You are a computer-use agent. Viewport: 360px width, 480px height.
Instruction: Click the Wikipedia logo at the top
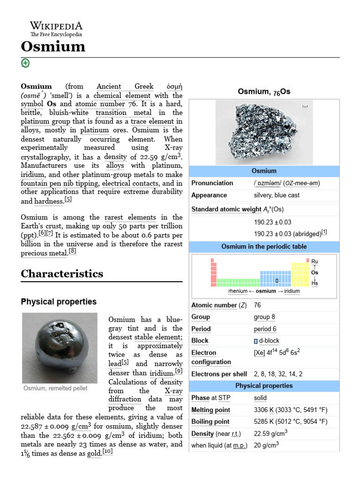pyautogui.click(x=56, y=29)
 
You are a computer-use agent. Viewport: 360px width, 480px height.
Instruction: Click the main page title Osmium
pyautogui.click(x=53, y=47)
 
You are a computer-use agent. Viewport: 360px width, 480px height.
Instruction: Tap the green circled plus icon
pyautogui.click(x=25, y=63)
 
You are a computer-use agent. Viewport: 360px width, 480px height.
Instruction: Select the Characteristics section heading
pyautogui.click(x=62, y=273)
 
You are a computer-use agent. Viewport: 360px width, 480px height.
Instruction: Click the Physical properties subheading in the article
pyautogui.click(x=59, y=301)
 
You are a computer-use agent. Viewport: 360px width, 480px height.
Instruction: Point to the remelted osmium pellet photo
pyautogui.click(x=60, y=348)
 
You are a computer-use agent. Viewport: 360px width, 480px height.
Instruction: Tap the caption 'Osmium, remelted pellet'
pyautogui.click(x=55, y=389)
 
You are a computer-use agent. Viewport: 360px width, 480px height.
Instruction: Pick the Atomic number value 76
pyautogui.click(x=257, y=305)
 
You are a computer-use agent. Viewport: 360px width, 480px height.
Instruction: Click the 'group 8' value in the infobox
pyautogui.click(x=265, y=317)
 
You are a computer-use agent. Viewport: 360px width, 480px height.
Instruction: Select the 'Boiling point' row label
pyautogui.click(x=210, y=421)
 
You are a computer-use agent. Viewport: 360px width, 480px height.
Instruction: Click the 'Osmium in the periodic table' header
pyautogui.click(x=263, y=247)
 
